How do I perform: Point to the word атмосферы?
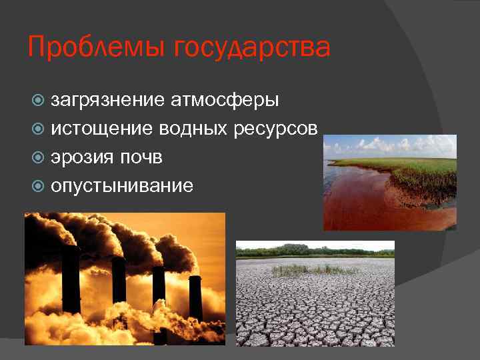click(x=225, y=101)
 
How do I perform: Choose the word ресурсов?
click(x=276, y=129)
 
